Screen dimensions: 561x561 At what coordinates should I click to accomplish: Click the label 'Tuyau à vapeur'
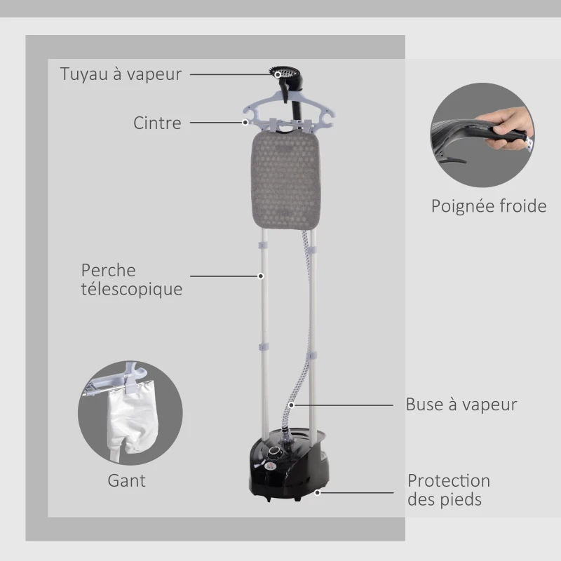coord(121,74)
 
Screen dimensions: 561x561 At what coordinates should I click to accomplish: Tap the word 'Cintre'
coord(157,123)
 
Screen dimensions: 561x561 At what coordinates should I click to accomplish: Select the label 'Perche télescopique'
coord(131,280)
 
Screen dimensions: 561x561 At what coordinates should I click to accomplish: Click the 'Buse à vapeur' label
coord(461,405)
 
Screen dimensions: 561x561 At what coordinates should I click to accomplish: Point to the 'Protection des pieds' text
coord(449,490)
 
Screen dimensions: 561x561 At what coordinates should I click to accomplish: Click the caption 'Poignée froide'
coord(489,206)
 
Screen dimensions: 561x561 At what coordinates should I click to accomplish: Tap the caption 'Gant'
coord(127,480)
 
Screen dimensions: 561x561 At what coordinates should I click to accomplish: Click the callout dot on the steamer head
coord(278,74)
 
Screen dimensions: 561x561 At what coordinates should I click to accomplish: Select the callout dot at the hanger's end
coord(245,122)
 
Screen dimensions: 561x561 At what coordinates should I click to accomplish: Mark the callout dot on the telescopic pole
coord(261,276)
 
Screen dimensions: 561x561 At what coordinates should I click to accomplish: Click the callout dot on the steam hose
coord(292,405)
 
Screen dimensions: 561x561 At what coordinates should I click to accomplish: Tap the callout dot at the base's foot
coord(318,493)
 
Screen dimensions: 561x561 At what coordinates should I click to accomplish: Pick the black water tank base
coord(289,465)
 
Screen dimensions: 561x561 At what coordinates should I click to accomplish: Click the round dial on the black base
coord(275,452)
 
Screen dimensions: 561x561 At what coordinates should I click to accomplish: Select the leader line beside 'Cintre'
coord(217,122)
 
